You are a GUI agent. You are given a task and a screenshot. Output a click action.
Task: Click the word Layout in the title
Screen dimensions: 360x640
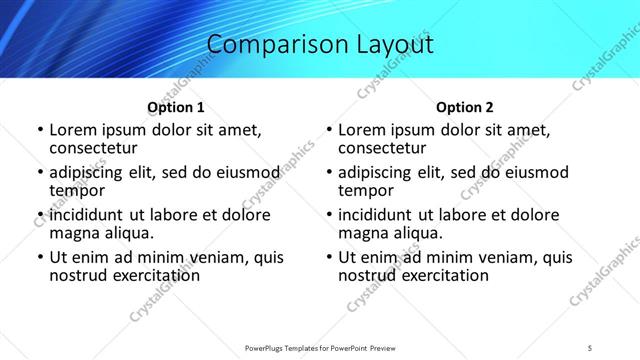[x=390, y=45]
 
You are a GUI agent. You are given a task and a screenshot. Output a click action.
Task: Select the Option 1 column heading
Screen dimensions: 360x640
[x=176, y=107]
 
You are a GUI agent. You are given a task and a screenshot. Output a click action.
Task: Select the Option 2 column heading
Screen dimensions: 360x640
[x=465, y=107]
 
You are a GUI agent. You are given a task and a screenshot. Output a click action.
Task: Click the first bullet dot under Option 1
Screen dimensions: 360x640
[x=39, y=130]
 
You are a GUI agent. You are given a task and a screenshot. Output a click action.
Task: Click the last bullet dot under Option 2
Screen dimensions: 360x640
[x=328, y=258]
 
